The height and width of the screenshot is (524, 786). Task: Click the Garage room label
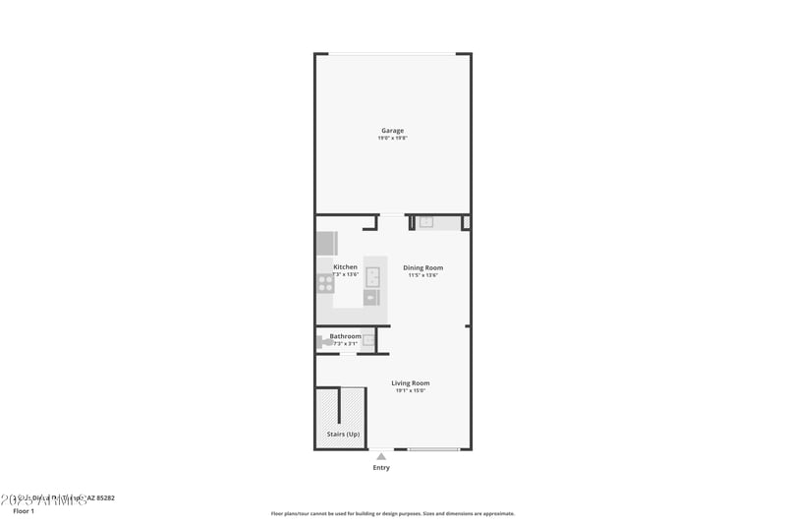coord(393,130)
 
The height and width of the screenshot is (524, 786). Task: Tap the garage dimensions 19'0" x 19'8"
coord(393,139)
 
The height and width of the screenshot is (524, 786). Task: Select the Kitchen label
coord(346,267)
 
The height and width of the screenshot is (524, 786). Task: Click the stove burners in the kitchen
coord(325,283)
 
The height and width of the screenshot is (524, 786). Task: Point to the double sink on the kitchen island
coord(372,276)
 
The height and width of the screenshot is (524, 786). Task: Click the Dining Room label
coord(423,267)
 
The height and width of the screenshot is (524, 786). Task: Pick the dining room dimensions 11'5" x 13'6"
coord(423,275)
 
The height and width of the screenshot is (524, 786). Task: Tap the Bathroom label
coord(345,336)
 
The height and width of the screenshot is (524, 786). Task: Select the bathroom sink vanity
coord(368,341)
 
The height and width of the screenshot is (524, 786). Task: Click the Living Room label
coord(411,382)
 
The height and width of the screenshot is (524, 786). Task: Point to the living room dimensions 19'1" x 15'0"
coord(411,390)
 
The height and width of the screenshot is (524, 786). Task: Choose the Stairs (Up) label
coord(343,434)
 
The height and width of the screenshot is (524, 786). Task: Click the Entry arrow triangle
coord(381,455)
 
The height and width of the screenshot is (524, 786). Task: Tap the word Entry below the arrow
coord(381,468)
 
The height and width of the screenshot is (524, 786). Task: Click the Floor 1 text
coord(23,511)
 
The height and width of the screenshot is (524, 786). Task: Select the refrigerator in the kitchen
coord(326,243)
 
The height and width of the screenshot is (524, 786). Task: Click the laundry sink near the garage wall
coord(426,222)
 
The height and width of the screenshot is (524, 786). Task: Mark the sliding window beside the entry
coord(433,449)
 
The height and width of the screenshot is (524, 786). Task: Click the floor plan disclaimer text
coord(393,513)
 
